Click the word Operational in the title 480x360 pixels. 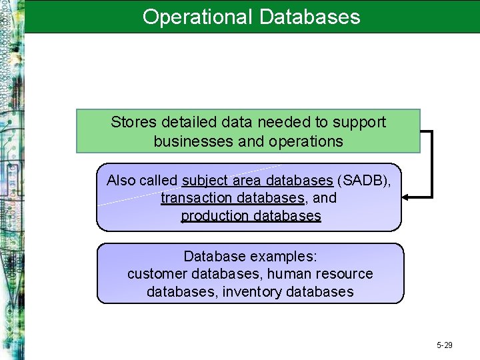point(196,17)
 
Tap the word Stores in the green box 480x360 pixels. point(131,123)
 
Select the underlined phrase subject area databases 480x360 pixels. point(257,181)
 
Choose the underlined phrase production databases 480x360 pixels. point(251,216)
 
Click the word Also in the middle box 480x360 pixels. point(121,181)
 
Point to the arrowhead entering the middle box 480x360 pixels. point(406,197)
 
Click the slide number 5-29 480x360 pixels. point(445,345)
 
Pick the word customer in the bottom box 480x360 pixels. point(157,274)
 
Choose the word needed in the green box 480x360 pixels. point(273,123)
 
